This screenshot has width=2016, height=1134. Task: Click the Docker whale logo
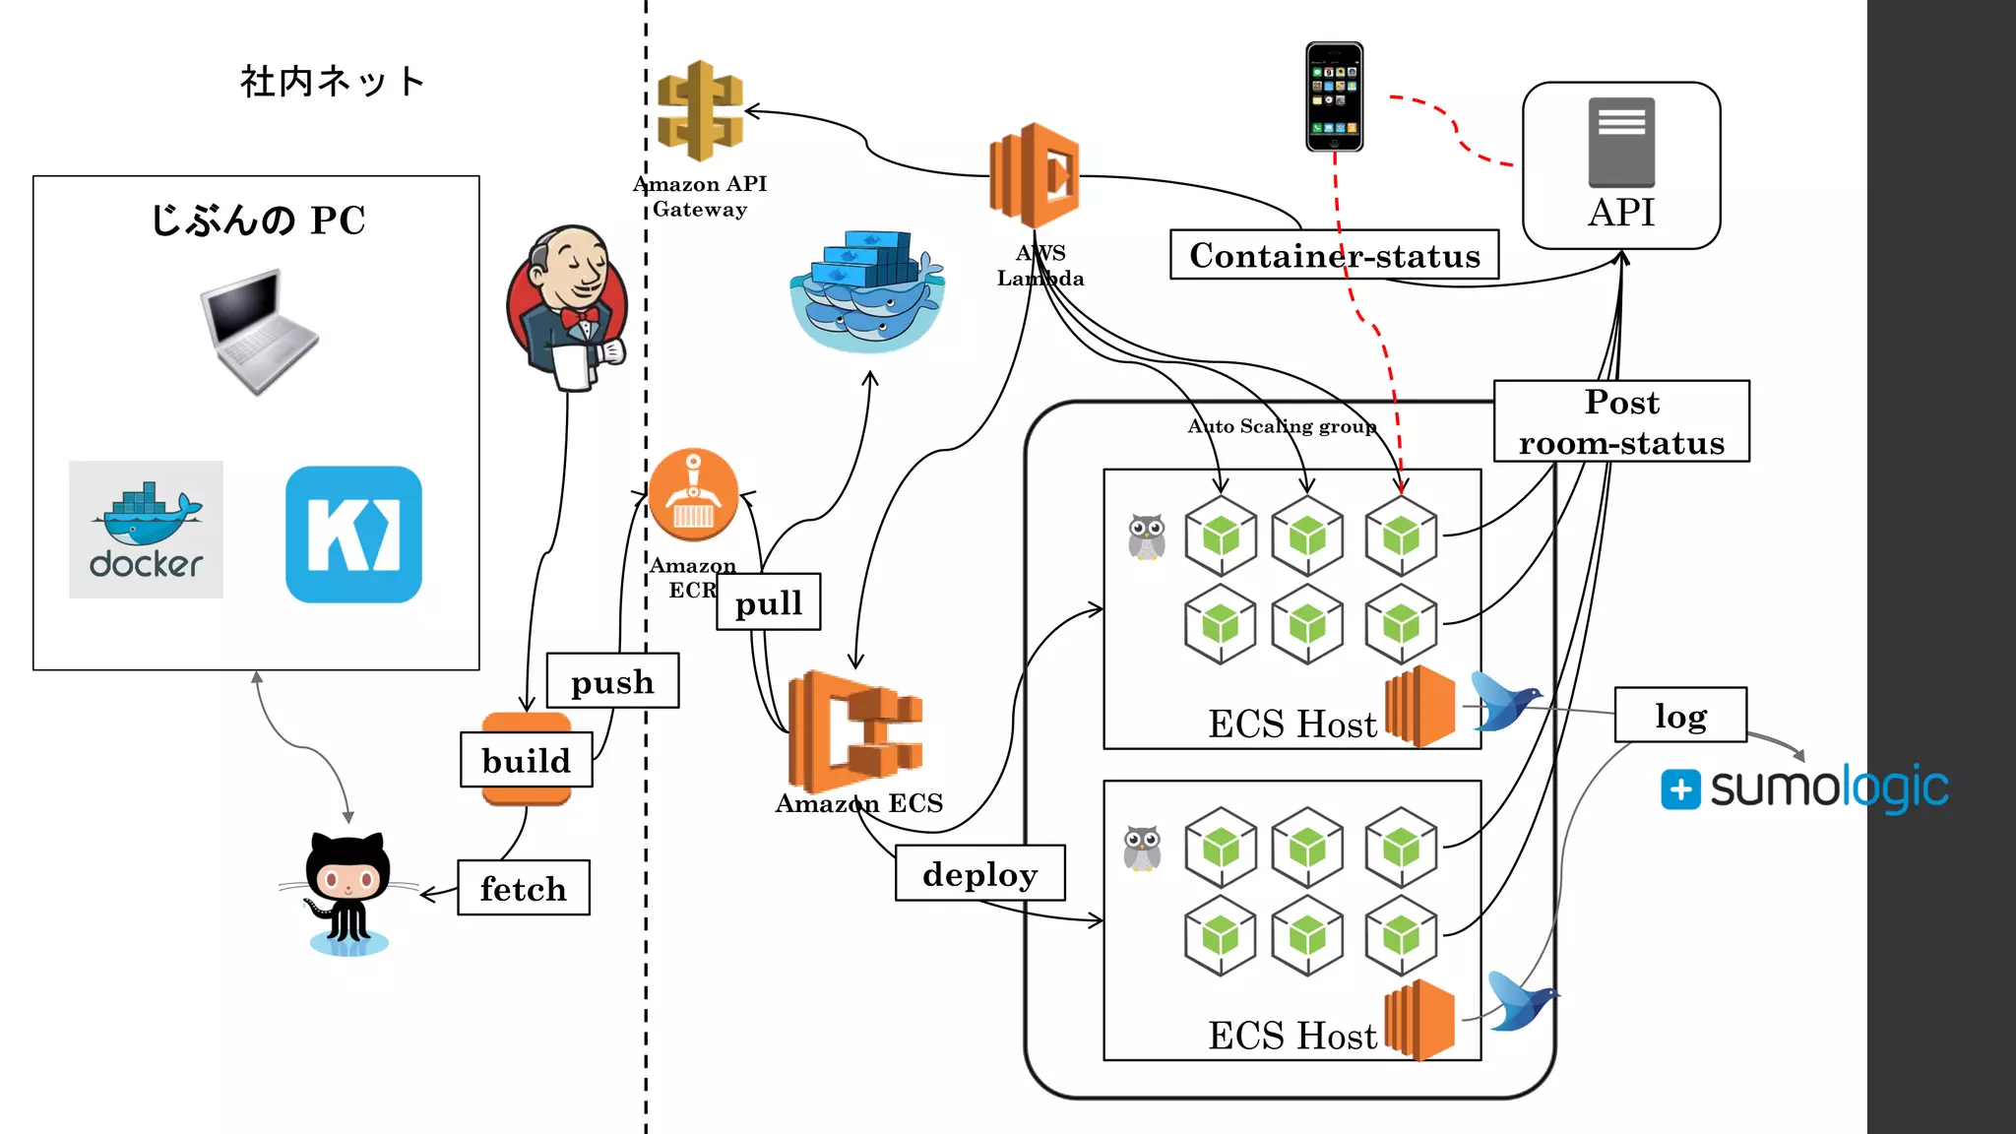(x=146, y=530)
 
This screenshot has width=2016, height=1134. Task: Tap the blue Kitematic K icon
(x=353, y=535)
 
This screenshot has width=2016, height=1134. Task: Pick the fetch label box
(x=524, y=888)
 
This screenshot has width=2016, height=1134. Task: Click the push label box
(x=612, y=681)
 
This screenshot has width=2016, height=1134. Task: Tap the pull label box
(x=769, y=602)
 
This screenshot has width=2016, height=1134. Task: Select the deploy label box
(x=979, y=873)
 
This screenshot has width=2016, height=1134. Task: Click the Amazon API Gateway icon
(x=700, y=111)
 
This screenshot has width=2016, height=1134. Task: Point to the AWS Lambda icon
(x=1035, y=175)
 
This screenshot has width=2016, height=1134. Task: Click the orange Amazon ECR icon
(x=693, y=495)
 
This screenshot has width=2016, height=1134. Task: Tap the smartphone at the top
(x=1334, y=96)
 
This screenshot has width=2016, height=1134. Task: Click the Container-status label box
(x=1334, y=255)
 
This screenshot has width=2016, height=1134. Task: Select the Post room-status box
(x=1621, y=421)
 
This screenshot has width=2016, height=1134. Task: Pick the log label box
(x=1680, y=716)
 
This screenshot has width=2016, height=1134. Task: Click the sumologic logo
(x=1804, y=788)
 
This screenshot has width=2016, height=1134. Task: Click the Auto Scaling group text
(x=1282, y=426)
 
